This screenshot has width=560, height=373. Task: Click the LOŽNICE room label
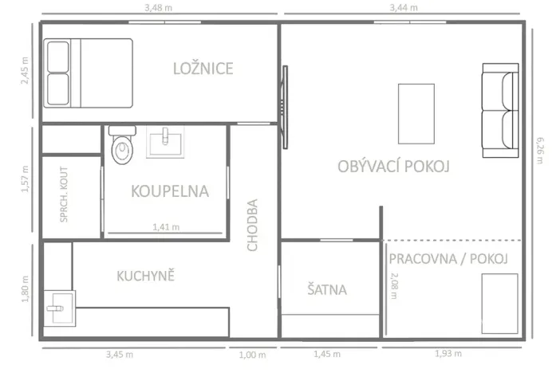pyautogui.click(x=203, y=69)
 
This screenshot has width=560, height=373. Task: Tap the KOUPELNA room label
pyautogui.click(x=169, y=191)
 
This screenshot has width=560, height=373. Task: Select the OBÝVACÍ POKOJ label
pyautogui.click(x=394, y=167)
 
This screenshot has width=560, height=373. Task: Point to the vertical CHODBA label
pyautogui.click(x=253, y=225)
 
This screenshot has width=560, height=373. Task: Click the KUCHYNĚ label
pyautogui.click(x=145, y=277)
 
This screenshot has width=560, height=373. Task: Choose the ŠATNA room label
pyautogui.click(x=327, y=289)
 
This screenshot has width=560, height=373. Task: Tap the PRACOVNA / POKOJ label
pyautogui.click(x=448, y=259)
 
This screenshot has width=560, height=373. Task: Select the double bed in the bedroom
pyautogui.click(x=89, y=73)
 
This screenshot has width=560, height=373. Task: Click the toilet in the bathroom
pyautogui.click(x=121, y=149)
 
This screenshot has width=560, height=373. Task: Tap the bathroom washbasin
pyautogui.click(x=166, y=140)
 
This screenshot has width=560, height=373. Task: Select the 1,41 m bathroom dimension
pyautogui.click(x=166, y=226)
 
